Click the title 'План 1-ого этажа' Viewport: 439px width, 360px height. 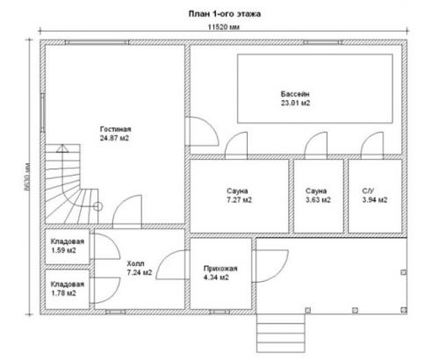click(x=225, y=14)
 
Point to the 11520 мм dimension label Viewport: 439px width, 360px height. click(x=224, y=27)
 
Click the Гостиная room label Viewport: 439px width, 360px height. click(x=116, y=129)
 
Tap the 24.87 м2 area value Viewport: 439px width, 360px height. click(x=114, y=138)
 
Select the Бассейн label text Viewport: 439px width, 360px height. click(x=295, y=94)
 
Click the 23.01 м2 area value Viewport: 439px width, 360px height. click(x=295, y=103)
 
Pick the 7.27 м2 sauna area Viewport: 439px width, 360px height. click(x=240, y=200)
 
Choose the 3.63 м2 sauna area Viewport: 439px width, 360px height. click(x=318, y=200)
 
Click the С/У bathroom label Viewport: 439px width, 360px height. click(x=368, y=191)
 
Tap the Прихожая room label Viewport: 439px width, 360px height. click(x=220, y=269)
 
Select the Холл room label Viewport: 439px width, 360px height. click(x=135, y=263)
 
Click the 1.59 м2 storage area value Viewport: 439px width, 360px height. click(x=63, y=250)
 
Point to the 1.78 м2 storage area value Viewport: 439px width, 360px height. click(x=63, y=293)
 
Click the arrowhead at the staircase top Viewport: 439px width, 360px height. click(x=62, y=148)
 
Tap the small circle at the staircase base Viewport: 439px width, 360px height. click(x=97, y=206)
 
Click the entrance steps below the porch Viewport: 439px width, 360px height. click(x=281, y=333)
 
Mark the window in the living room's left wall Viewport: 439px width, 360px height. click(x=43, y=113)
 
